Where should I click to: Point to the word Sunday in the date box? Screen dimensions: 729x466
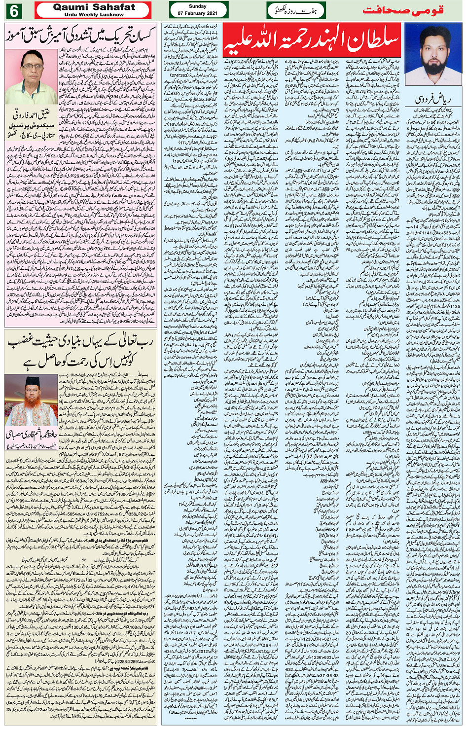point(198,6)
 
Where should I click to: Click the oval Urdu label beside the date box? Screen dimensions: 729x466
point(296,10)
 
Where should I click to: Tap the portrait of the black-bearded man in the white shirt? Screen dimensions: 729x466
point(432,54)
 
